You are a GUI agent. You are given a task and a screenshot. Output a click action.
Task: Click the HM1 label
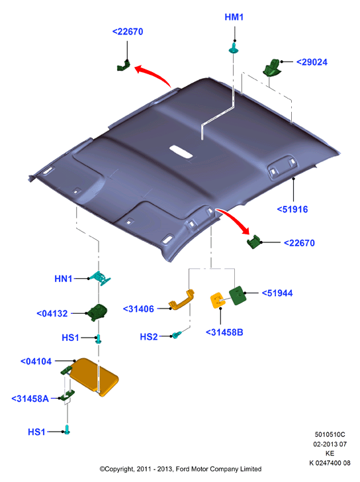point(234,17)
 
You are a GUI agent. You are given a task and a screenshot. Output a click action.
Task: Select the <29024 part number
point(312,62)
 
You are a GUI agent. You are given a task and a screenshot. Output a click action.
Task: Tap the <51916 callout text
point(292,209)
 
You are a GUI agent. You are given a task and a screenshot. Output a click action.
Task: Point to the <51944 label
point(277,293)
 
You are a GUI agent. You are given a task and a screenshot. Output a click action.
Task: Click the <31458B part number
point(224,332)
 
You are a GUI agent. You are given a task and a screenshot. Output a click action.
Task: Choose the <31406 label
point(138,309)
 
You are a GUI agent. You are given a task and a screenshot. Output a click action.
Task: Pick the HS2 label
point(149,337)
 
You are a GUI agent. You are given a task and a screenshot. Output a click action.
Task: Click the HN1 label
point(64,279)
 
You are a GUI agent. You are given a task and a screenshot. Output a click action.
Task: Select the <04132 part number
point(52,314)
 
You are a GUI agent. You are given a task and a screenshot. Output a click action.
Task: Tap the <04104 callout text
point(36,361)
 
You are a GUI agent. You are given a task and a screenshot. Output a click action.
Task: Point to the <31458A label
point(30,399)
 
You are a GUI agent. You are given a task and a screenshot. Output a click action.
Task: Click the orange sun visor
point(94,377)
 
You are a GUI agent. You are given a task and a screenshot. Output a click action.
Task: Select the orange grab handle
point(181,299)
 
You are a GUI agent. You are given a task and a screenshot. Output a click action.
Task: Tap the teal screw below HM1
point(234,48)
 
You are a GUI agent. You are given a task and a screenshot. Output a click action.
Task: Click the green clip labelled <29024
point(272,68)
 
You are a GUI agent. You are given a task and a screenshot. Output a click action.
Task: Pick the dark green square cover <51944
point(238,295)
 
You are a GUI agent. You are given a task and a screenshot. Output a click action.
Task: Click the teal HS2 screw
point(177,335)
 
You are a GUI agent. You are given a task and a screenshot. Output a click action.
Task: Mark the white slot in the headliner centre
point(181,152)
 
